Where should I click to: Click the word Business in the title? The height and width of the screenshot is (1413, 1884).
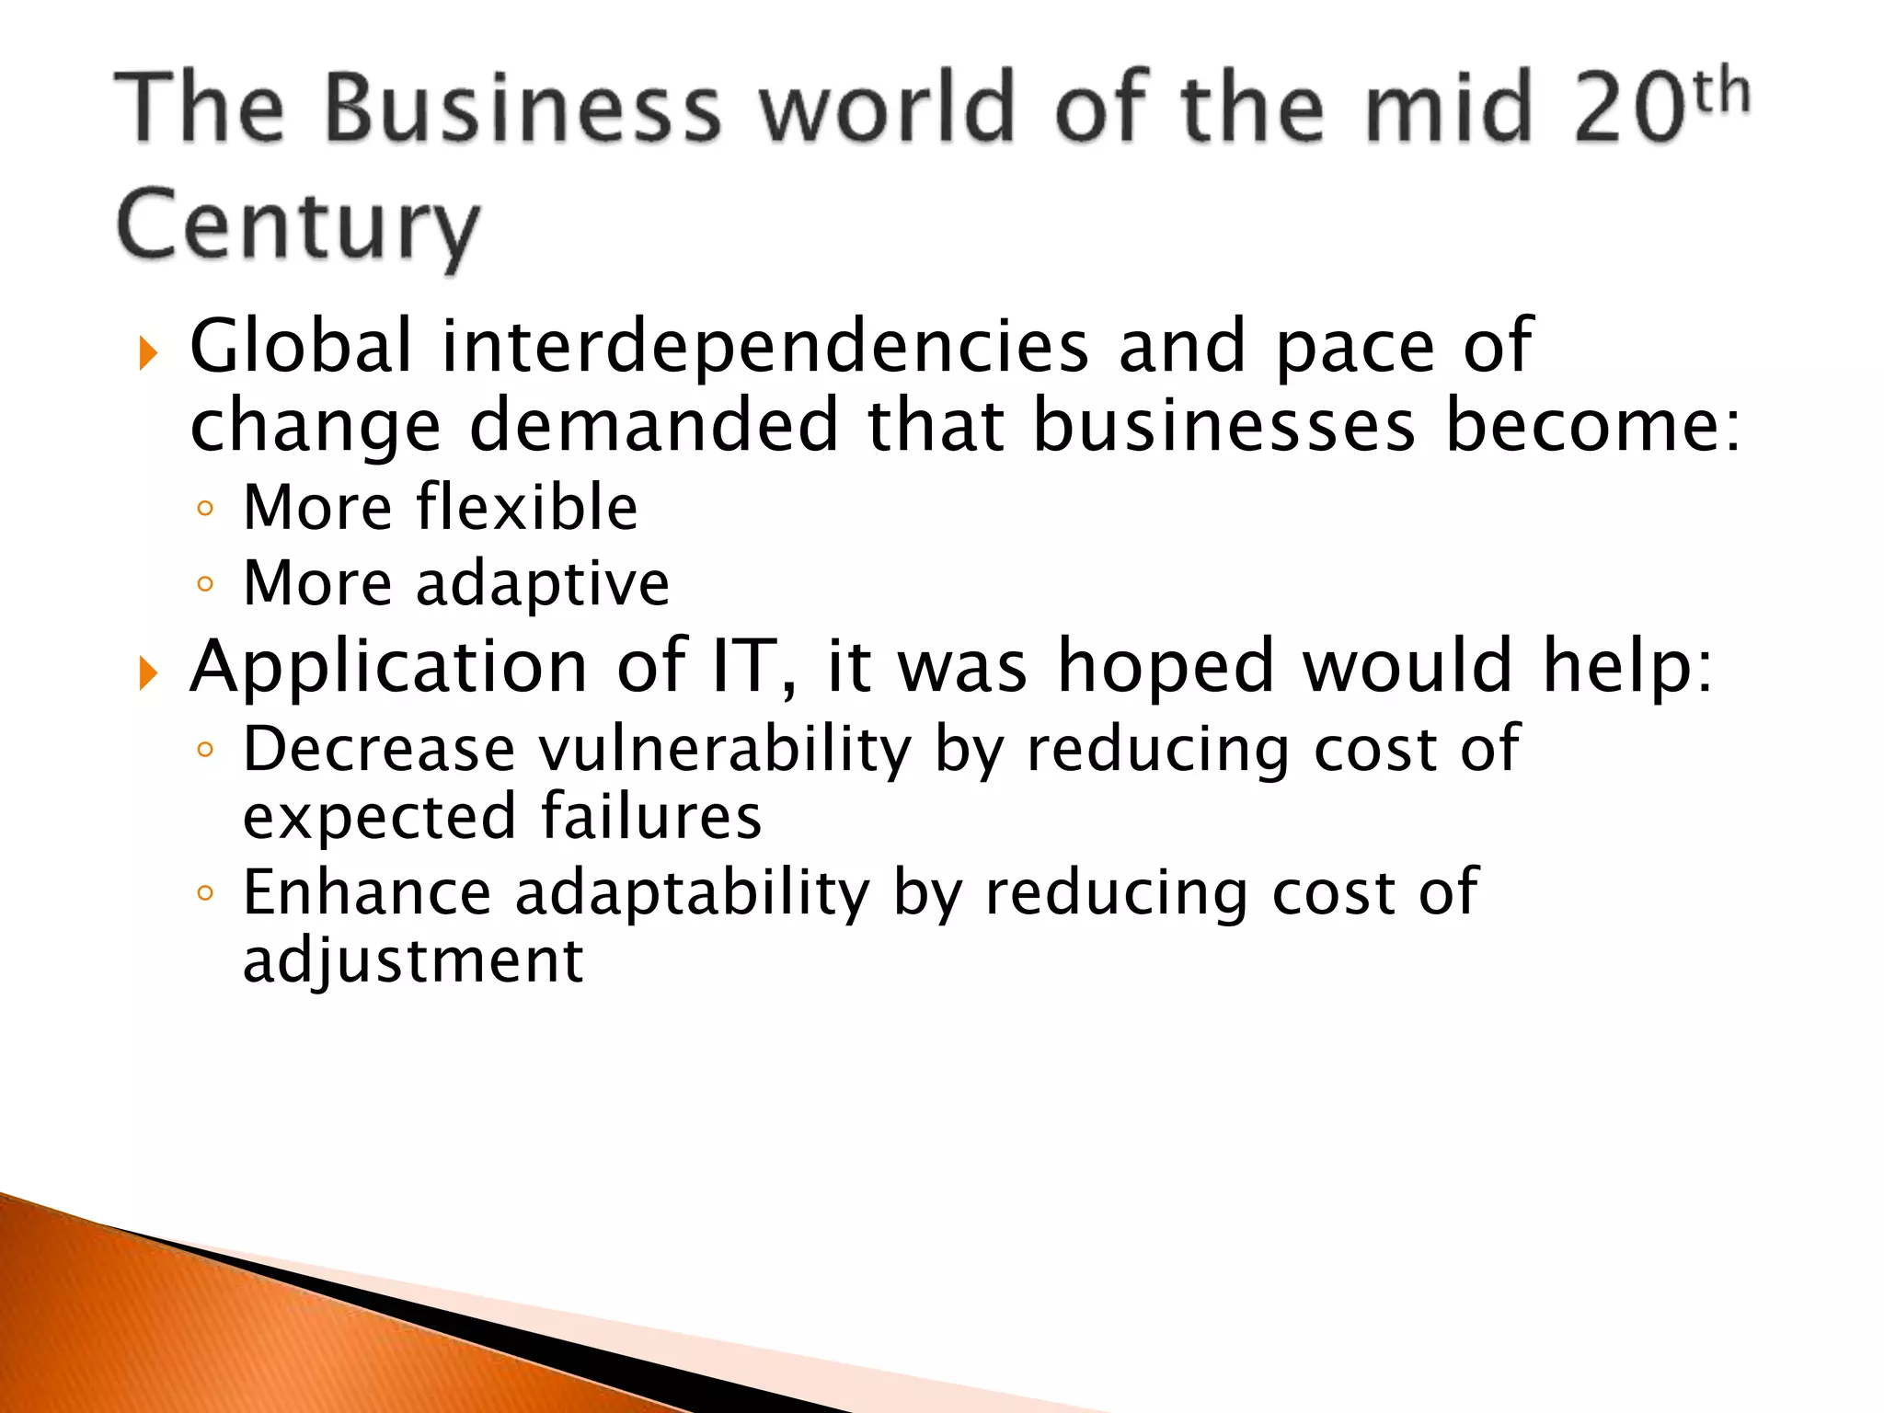[x=523, y=109]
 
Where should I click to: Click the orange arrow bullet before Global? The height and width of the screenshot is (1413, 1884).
[x=148, y=353]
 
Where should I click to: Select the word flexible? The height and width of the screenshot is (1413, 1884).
[x=526, y=507]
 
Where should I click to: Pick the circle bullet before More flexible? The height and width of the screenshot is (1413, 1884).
[x=205, y=509]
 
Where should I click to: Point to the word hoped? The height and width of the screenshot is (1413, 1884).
[x=1166, y=667]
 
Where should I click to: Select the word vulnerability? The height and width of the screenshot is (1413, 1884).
[x=724, y=749]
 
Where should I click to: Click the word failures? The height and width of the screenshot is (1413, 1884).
[x=651, y=817]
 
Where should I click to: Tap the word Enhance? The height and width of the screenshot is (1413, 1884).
[x=367, y=892]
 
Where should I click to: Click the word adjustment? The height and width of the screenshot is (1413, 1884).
[x=413, y=962]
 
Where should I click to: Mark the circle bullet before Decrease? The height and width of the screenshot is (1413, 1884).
[x=205, y=750]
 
